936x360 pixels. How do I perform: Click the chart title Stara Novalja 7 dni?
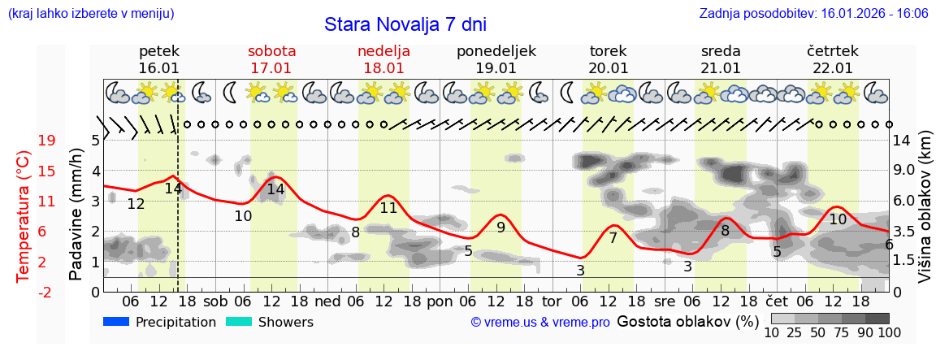(x=405, y=24)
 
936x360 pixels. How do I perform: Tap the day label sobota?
(x=271, y=51)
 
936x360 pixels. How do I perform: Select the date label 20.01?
(x=609, y=68)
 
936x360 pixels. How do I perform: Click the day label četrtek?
(x=833, y=51)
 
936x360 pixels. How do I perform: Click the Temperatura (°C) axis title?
(x=24, y=215)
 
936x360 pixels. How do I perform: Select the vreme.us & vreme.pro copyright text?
(x=540, y=323)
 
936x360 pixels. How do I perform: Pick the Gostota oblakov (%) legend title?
(x=687, y=321)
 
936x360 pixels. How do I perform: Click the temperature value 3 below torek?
(x=580, y=270)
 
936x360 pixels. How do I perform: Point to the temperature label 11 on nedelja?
(x=388, y=207)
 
